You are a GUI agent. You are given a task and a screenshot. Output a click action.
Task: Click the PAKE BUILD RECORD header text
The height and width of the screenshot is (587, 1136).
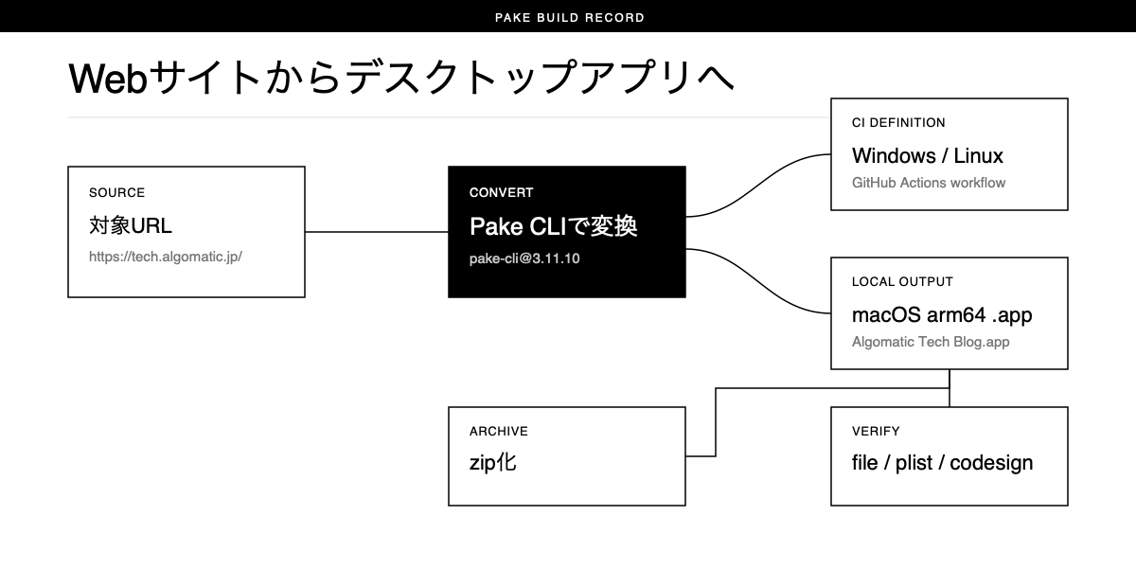click(x=570, y=18)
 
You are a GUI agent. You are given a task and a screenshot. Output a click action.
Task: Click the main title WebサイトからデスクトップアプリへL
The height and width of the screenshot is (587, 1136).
click(x=401, y=78)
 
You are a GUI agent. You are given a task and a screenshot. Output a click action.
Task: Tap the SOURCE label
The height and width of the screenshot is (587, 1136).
click(x=116, y=193)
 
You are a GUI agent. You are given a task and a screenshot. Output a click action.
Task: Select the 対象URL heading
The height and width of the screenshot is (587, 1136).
click(x=131, y=225)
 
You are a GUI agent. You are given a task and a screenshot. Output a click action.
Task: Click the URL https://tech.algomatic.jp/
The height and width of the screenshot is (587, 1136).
click(x=166, y=257)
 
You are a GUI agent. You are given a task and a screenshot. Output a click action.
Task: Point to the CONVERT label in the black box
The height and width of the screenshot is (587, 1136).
click(x=501, y=193)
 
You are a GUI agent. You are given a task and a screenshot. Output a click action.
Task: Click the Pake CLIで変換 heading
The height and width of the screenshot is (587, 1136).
click(x=553, y=225)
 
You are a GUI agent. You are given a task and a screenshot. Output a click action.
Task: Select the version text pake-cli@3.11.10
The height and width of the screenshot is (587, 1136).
click(x=524, y=258)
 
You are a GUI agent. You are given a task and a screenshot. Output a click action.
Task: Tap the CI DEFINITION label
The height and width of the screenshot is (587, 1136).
click(x=898, y=123)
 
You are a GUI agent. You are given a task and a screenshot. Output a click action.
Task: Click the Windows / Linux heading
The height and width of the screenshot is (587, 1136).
click(x=928, y=156)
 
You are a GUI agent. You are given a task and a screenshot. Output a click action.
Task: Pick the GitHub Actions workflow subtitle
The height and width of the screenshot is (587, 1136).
click(x=929, y=183)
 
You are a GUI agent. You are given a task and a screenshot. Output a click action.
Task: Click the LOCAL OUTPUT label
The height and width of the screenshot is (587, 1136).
click(x=902, y=281)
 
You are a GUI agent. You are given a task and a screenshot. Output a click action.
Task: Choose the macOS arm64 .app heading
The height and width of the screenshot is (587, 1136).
click(x=942, y=315)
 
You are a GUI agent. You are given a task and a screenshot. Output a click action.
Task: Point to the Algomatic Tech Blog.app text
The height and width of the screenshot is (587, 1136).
click(x=931, y=342)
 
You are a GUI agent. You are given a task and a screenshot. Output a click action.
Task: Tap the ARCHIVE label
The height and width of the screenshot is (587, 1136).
click(x=499, y=431)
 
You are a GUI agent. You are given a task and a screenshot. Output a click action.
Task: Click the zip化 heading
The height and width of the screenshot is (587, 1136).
click(x=493, y=463)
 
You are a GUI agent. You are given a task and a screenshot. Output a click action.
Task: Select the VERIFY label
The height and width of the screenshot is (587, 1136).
click(x=876, y=431)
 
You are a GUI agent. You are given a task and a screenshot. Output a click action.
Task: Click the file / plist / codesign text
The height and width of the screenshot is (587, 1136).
click(x=942, y=463)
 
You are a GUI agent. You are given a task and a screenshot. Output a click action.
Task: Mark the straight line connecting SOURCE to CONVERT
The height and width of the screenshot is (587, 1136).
click(x=377, y=232)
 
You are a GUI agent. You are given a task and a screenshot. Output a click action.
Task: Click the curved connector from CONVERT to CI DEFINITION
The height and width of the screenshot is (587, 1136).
click(x=758, y=186)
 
